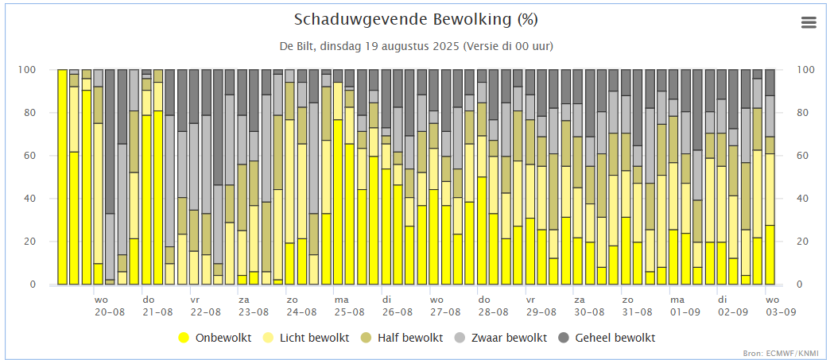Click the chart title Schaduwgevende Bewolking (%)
coord(416,20)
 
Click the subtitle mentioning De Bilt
coord(416,46)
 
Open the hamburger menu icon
coord(809,22)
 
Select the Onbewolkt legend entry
coord(215,338)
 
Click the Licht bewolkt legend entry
coord(306,338)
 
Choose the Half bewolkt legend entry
coord(403,338)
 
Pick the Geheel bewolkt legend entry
coord(606,338)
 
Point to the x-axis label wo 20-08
coord(109,306)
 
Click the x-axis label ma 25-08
coord(349,306)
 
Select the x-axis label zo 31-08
coord(637,306)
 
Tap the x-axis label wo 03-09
coord(781,306)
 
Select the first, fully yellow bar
coord(62,177)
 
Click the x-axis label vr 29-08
coord(541,306)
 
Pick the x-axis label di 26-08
coord(397,306)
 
